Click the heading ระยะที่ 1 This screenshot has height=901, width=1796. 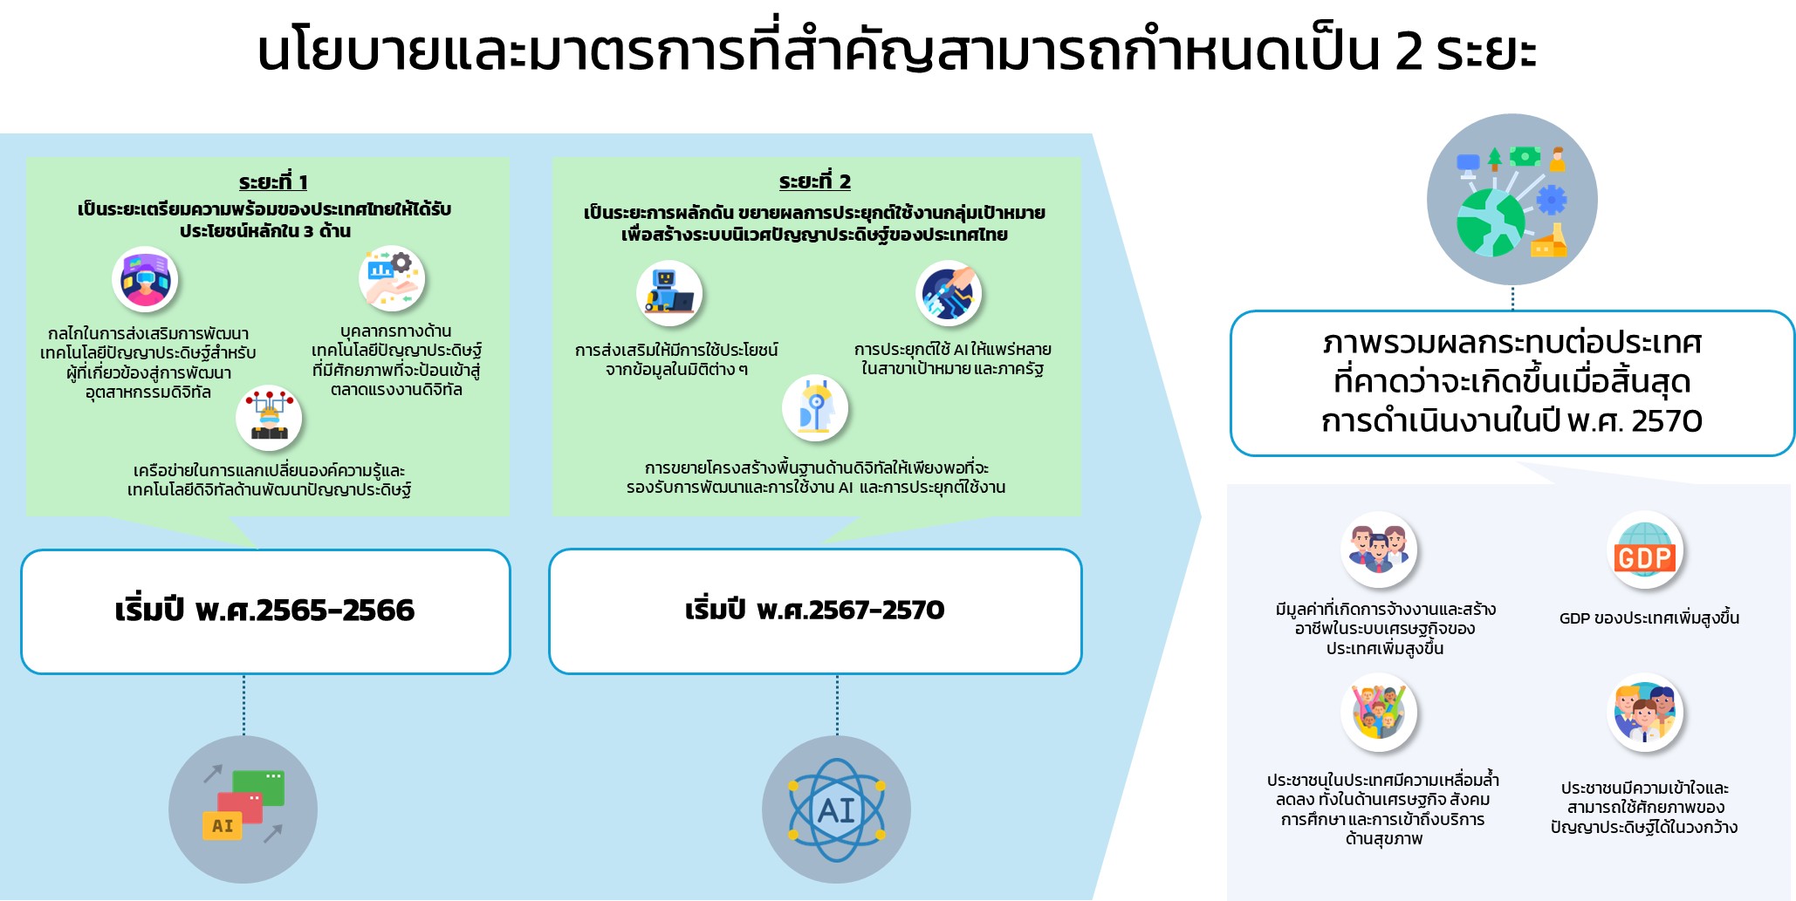273,181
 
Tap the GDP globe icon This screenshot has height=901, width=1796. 1644,549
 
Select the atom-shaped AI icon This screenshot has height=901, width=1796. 836,810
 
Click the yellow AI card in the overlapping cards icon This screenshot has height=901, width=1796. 222,825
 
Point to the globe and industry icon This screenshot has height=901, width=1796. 1512,200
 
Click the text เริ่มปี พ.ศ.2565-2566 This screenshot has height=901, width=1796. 264,610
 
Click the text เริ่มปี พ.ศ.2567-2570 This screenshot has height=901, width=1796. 814,609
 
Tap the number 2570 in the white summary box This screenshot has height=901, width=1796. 1666,421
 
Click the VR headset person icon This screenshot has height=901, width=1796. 145,281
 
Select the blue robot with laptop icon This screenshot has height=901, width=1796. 669,293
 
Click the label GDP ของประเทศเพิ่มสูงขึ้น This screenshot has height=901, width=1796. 1649,618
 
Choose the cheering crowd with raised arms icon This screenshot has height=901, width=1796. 1379,713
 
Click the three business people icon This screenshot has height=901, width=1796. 1379,549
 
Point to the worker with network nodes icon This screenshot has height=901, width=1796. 269,418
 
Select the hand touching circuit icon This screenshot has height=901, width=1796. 949,294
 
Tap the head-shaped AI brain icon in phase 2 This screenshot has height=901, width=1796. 815,408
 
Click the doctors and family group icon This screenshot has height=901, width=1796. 1644,713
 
